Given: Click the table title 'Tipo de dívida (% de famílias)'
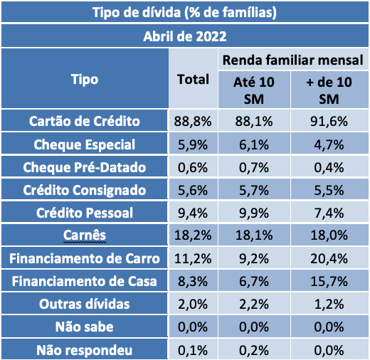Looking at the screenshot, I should pos(185,12).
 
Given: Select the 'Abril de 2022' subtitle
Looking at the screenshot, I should pos(185,36).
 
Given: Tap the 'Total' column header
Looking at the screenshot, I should pos(192,79).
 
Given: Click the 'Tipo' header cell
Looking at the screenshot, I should pos(85,79).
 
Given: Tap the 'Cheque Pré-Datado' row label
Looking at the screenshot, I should pos(85,167).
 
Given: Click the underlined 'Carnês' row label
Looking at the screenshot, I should pos(85,235).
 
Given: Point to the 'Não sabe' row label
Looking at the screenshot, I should pos(85,328).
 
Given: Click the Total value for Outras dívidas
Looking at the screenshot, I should pos(192,305).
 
